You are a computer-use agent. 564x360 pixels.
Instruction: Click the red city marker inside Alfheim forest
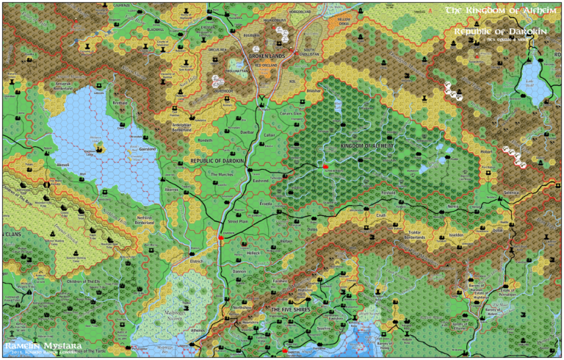[324, 168]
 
